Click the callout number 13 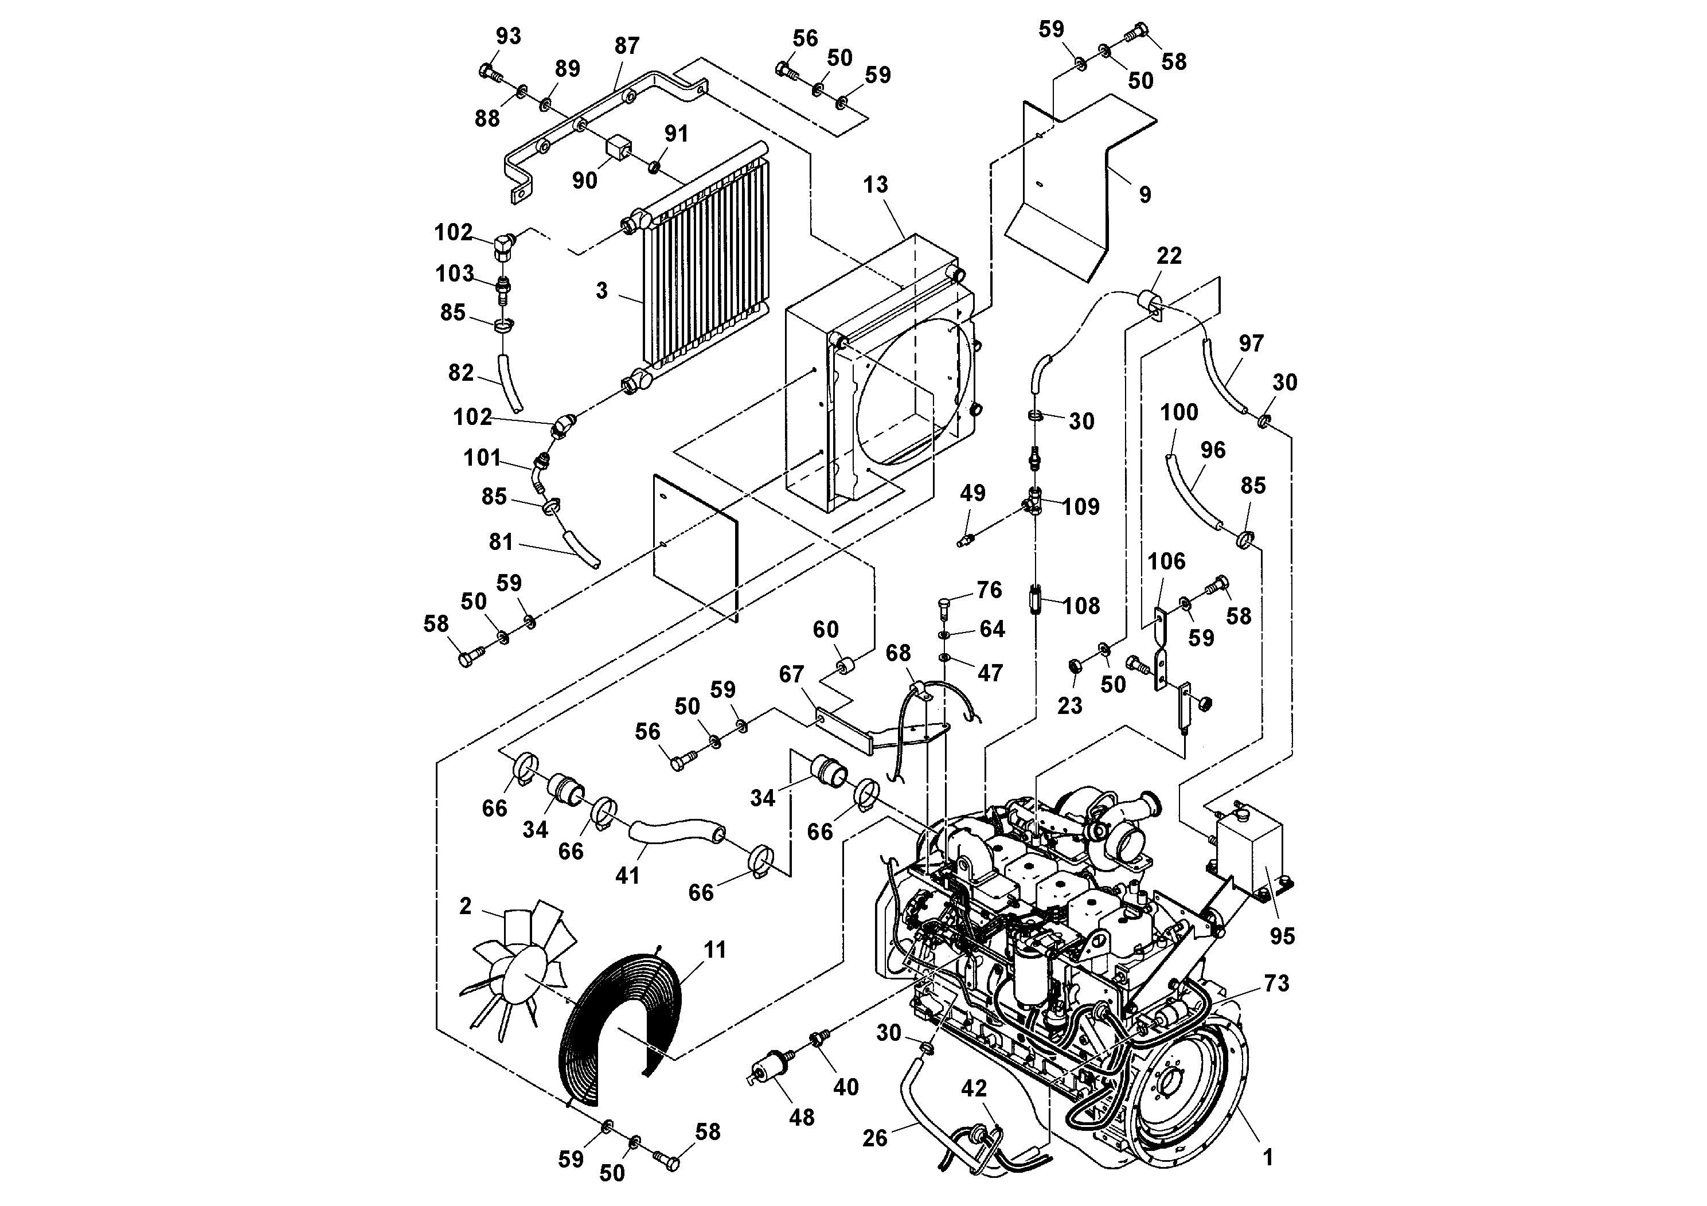[x=875, y=185]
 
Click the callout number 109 [x=1080, y=507]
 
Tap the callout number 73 [x=1276, y=983]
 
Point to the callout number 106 [x=1166, y=561]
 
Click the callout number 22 [x=1169, y=256]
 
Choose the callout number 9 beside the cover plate [x=1145, y=195]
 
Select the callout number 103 [x=454, y=274]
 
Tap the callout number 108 [x=1081, y=606]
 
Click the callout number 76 [x=989, y=590]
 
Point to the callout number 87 [x=626, y=46]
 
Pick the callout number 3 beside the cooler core [x=601, y=291]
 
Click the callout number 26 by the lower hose [x=875, y=1138]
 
